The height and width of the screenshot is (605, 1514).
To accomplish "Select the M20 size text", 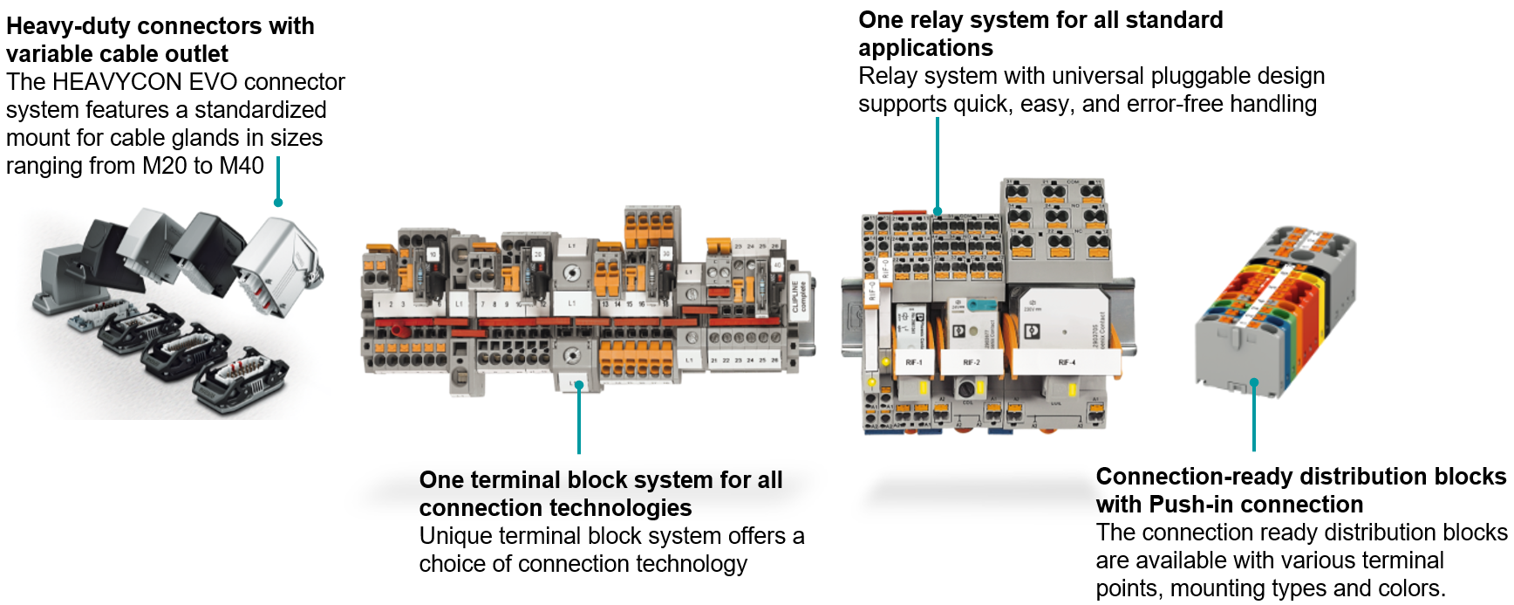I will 165,166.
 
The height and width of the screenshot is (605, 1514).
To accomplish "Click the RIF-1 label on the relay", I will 913,362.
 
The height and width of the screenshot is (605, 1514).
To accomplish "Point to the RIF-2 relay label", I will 971,362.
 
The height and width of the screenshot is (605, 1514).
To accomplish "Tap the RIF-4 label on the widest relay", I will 1067,362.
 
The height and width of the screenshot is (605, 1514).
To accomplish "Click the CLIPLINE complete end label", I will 799,297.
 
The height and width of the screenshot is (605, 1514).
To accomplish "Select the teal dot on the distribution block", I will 1254,382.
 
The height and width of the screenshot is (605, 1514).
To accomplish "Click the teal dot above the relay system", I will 938,211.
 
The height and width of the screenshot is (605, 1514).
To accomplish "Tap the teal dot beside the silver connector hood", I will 278,203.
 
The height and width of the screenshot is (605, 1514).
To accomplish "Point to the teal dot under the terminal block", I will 579,385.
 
